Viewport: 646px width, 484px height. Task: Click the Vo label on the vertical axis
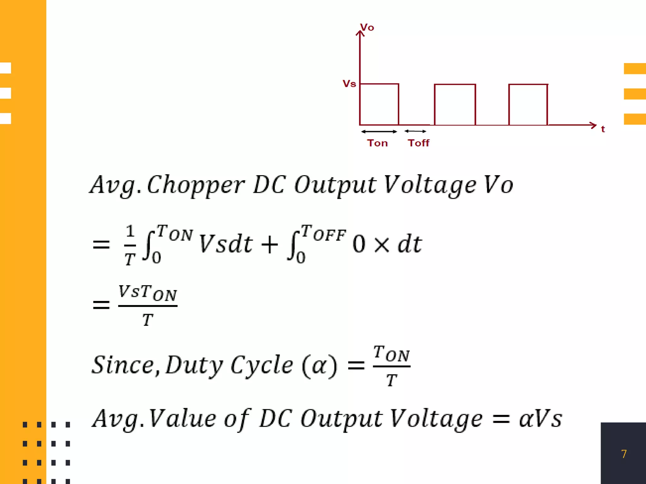tap(367, 27)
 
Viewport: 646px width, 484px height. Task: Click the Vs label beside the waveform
tap(349, 84)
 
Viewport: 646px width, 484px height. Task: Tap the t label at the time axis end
tap(603, 129)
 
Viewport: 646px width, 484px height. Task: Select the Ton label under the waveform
tap(377, 143)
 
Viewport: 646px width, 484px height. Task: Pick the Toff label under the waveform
tap(419, 143)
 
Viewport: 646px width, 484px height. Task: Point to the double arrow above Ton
tap(379, 131)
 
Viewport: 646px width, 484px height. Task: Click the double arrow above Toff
tap(415, 131)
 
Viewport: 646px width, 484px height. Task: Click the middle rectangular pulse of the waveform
tap(455, 105)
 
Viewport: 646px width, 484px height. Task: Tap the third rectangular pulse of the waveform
tap(528, 105)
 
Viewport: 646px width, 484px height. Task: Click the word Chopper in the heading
tap(196, 185)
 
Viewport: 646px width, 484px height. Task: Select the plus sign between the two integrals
tap(270, 245)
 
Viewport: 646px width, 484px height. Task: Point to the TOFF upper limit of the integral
tap(323, 233)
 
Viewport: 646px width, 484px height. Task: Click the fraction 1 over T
tap(130, 245)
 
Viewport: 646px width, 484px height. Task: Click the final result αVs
tap(540, 419)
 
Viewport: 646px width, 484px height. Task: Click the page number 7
tap(624, 454)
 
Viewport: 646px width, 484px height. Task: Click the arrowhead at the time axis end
tap(593, 125)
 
